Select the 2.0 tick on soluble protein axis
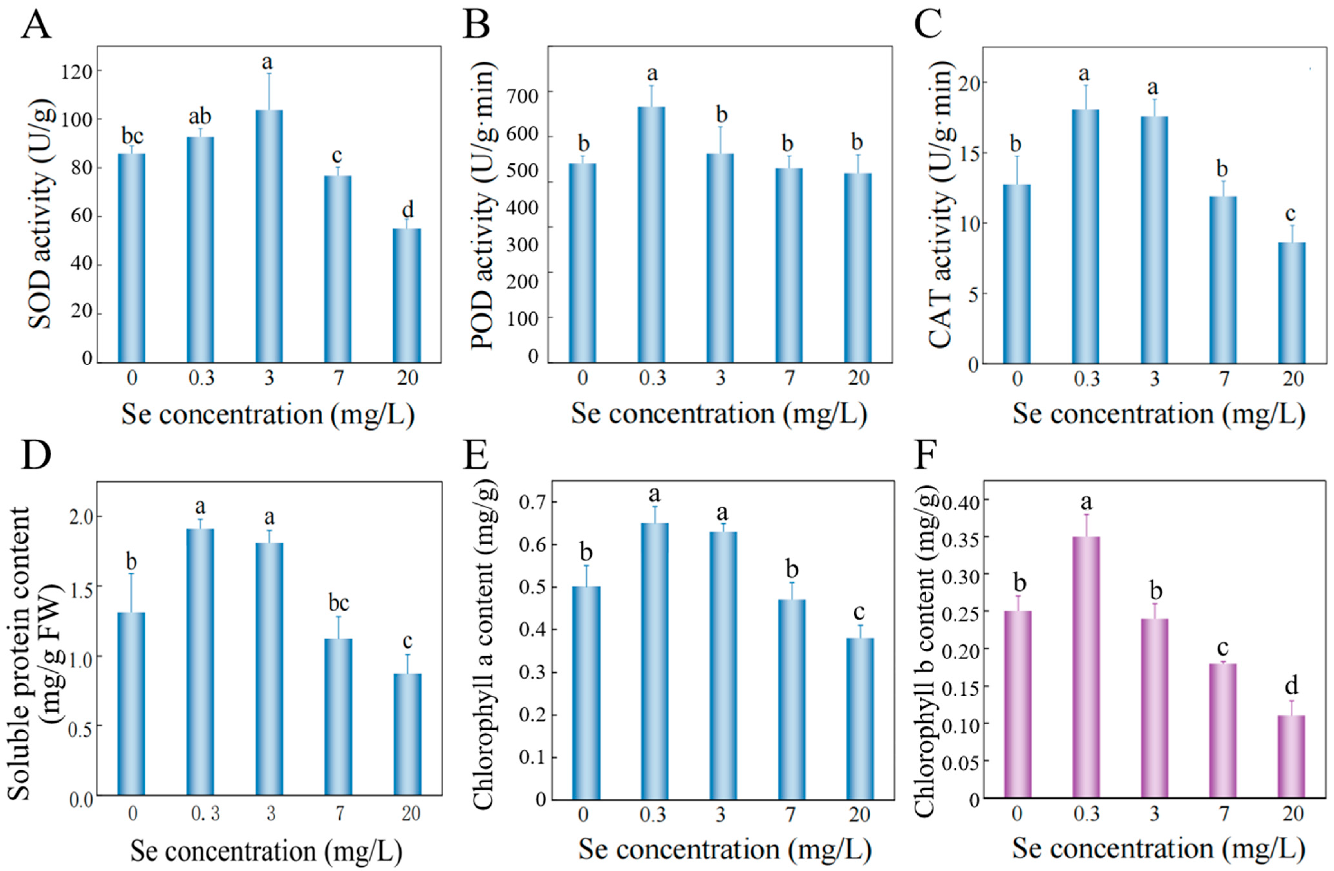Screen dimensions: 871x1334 pos(81,516)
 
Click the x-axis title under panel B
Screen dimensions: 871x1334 pos(719,414)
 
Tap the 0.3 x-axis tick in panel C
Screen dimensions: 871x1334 pos(1086,379)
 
